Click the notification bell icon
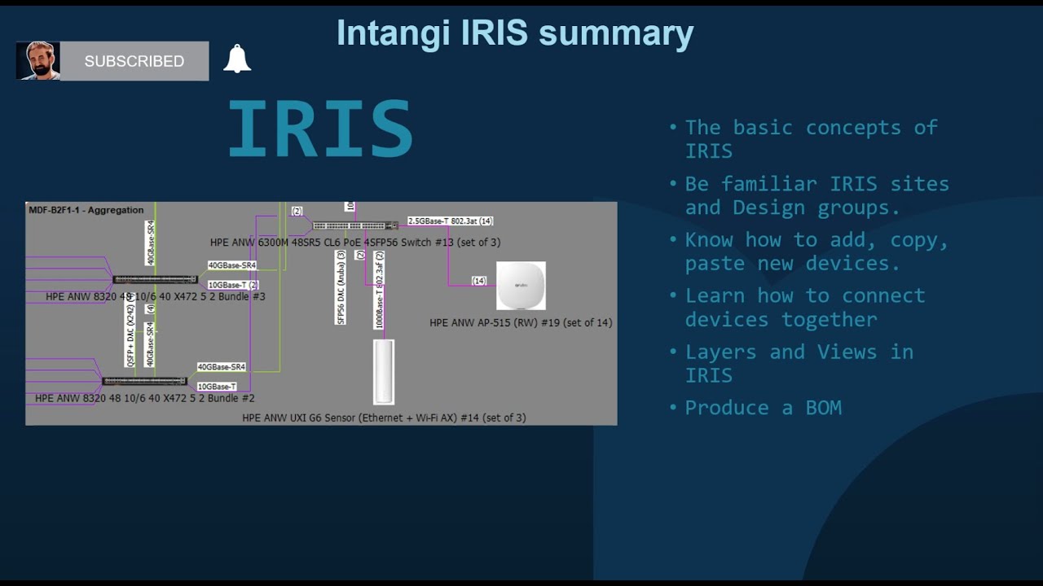[x=237, y=59]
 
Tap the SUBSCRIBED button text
[x=134, y=61]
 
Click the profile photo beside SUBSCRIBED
[x=38, y=61]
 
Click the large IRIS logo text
[x=320, y=129]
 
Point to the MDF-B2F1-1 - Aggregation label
[x=86, y=210]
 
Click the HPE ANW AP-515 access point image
[x=521, y=286]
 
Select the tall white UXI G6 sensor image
[x=384, y=371]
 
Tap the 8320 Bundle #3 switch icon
[x=155, y=280]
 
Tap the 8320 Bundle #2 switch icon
[x=144, y=381]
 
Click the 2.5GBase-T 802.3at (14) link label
[x=450, y=221]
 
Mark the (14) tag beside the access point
[x=479, y=281]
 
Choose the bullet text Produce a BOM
[x=763, y=408]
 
